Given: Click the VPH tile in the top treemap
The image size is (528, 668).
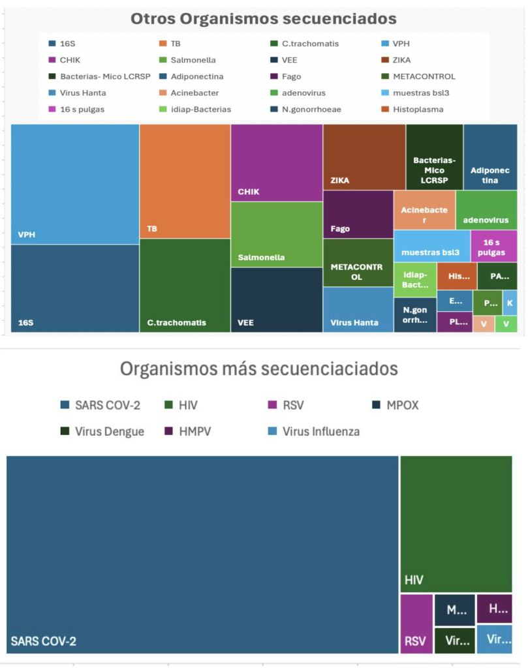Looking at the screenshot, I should coord(75,184).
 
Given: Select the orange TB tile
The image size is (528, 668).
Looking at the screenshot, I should coord(185,181).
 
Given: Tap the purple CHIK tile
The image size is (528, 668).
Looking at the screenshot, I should coord(277,162).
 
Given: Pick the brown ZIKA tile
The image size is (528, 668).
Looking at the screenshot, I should coord(364,157).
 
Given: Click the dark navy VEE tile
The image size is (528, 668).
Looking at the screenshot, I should coord(277,299).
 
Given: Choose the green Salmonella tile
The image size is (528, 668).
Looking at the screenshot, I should coord(277,234).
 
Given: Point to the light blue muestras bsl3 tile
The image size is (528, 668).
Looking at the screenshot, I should coord(431,245).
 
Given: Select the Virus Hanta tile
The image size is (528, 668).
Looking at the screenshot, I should coord(358,309).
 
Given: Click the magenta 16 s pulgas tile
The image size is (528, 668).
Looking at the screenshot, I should coord(493,246).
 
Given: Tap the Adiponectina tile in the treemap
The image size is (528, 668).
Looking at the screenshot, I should coord(490,157).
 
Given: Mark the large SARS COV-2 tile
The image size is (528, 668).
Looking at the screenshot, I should coord(202,554).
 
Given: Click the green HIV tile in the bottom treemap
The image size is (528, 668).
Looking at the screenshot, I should coord(456,524).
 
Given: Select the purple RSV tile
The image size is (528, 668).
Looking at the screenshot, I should coord(416,624).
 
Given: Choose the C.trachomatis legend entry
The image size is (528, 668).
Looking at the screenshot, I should coord(310,44).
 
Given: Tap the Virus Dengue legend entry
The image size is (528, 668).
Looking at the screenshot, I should coord(109,431).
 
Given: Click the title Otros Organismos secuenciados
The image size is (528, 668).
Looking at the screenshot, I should coord(264,18).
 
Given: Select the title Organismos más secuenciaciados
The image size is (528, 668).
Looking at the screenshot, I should coord(258,369).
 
